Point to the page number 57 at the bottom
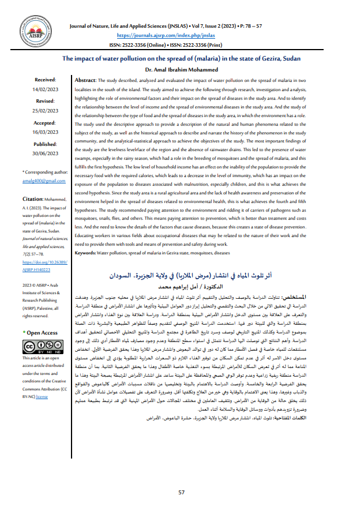(x=181, y=492)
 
